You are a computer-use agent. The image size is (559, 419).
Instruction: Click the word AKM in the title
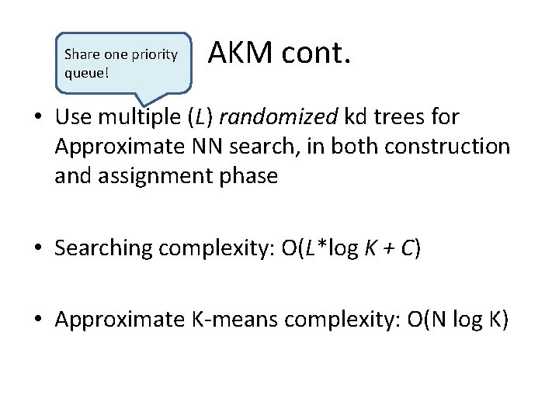241,54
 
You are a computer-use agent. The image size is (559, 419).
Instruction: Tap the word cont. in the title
317,54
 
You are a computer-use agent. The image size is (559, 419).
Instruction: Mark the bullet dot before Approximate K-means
39,320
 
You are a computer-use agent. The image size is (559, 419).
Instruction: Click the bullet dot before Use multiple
39,118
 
